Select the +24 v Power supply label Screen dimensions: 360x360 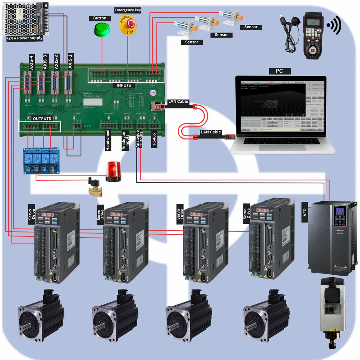tap(25, 38)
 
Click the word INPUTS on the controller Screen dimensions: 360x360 tap(124, 85)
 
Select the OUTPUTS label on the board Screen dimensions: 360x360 tap(42, 118)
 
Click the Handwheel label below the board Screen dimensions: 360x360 tap(108, 140)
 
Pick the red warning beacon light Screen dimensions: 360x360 tap(113, 171)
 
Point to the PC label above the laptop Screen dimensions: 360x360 tap(279, 71)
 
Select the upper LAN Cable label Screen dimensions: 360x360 tap(178, 102)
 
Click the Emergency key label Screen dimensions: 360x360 tap(127, 10)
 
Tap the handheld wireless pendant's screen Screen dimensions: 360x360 tap(312, 22)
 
